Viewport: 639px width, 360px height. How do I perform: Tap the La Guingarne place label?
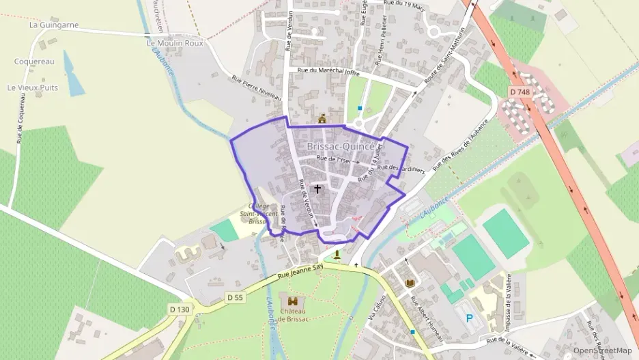click(54, 25)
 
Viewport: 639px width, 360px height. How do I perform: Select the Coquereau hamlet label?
click(34, 61)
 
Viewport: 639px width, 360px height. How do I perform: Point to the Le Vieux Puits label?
click(32, 88)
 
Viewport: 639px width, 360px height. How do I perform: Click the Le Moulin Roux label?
click(175, 43)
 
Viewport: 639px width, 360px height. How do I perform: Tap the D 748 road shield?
click(520, 91)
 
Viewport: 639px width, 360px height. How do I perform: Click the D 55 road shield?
click(235, 297)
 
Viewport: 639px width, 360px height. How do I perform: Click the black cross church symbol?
click(317, 189)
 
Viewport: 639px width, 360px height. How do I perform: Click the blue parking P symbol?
click(469, 318)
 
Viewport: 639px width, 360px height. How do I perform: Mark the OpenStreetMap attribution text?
click(602, 350)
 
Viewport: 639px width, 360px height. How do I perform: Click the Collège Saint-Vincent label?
click(257, 213)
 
